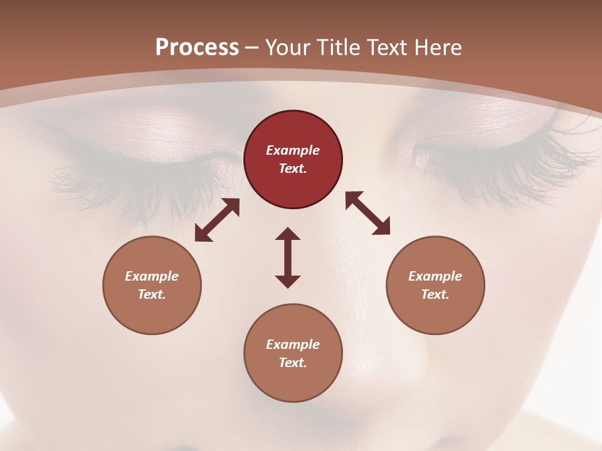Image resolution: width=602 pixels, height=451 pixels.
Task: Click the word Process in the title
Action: (197, 48)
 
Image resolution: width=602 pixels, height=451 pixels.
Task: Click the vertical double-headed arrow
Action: (288, 257)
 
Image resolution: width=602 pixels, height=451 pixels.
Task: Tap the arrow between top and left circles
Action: (217, 220)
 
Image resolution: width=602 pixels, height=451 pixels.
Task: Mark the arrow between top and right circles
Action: (367, 213)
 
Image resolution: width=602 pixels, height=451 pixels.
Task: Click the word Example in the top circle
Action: (293, 150)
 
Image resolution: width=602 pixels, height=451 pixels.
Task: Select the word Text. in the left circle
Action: (152, 294)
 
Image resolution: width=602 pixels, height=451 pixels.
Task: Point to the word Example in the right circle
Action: (435, 276)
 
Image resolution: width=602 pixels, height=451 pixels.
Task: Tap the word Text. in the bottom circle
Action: (293, 363)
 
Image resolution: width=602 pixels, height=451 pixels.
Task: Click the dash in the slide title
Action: (252, 48)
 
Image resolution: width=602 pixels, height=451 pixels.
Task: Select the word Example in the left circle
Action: (152, 276)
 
